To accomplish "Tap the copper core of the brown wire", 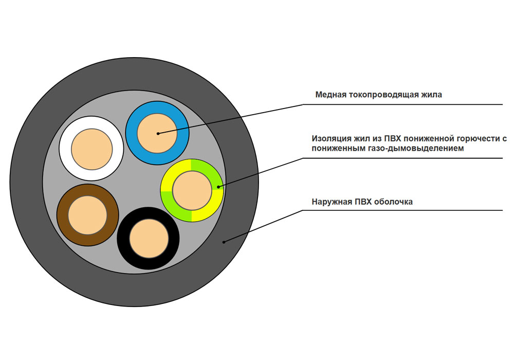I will (87, 215).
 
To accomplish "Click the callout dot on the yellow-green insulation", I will (219, 187).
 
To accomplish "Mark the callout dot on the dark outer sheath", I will (224, 241).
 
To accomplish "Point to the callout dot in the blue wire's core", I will (158, 134).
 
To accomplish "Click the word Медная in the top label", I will (329, 95).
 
